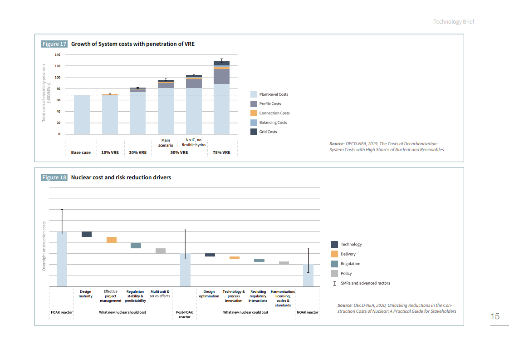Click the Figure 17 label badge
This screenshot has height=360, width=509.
pos(54,44)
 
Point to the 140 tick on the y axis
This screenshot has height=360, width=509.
pos(57,54)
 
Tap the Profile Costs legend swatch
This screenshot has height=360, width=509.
pos(254,104)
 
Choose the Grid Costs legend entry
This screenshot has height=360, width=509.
pos(268,132)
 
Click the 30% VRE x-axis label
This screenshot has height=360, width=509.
pos(137,153)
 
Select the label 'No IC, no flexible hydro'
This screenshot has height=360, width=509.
pos(194,143)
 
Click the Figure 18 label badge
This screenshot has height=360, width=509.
pos(54,178)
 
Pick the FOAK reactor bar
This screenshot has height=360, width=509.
pos(62,259)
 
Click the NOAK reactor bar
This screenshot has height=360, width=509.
pos(308,275)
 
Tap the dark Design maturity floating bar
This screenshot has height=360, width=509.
pos(86,234)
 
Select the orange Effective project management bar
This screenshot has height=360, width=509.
pos(111,240)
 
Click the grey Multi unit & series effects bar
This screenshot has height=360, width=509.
pos(161,251)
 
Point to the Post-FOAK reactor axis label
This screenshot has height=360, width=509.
pos(185,314)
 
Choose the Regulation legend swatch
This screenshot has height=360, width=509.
pos(334,264)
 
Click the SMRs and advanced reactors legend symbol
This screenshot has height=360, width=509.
pos(334,283)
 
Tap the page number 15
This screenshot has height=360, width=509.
pos(495,316)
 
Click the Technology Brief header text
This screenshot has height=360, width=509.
pos(453,22)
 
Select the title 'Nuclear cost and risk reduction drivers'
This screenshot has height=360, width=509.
pos(121,178)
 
